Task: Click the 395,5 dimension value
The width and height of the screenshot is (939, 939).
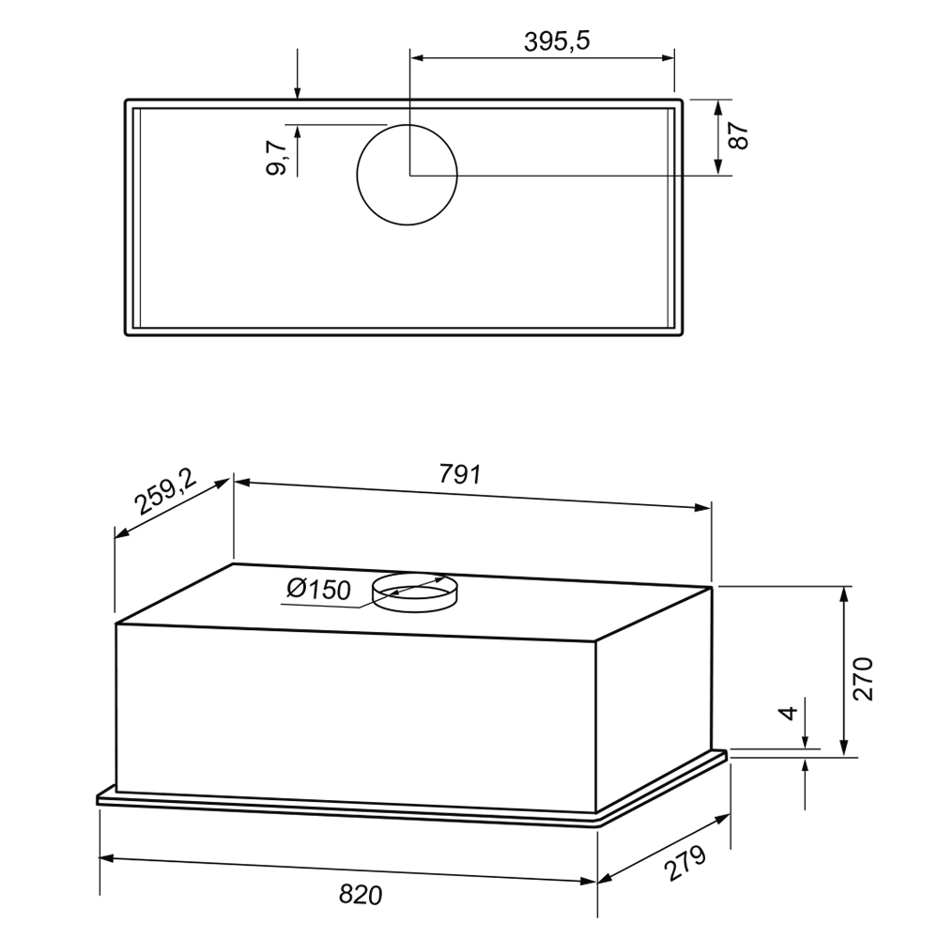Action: click(556, 41)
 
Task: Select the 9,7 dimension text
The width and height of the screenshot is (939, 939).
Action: click(277, 158)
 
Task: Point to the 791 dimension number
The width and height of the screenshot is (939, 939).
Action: click(460, 474)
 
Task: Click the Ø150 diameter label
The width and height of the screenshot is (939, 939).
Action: click(318, 590)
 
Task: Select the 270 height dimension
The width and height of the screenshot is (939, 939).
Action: click(864, 679)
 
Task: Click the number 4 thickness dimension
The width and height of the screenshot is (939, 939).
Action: click(790, 713)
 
